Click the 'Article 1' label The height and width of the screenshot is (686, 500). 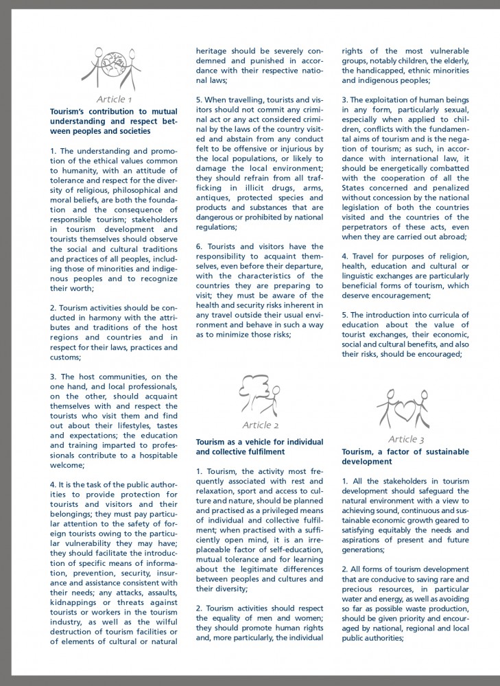pos(114,99)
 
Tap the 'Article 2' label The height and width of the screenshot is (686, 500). pos(260,425)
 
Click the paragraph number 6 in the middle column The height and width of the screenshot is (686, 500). pos(199,246)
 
